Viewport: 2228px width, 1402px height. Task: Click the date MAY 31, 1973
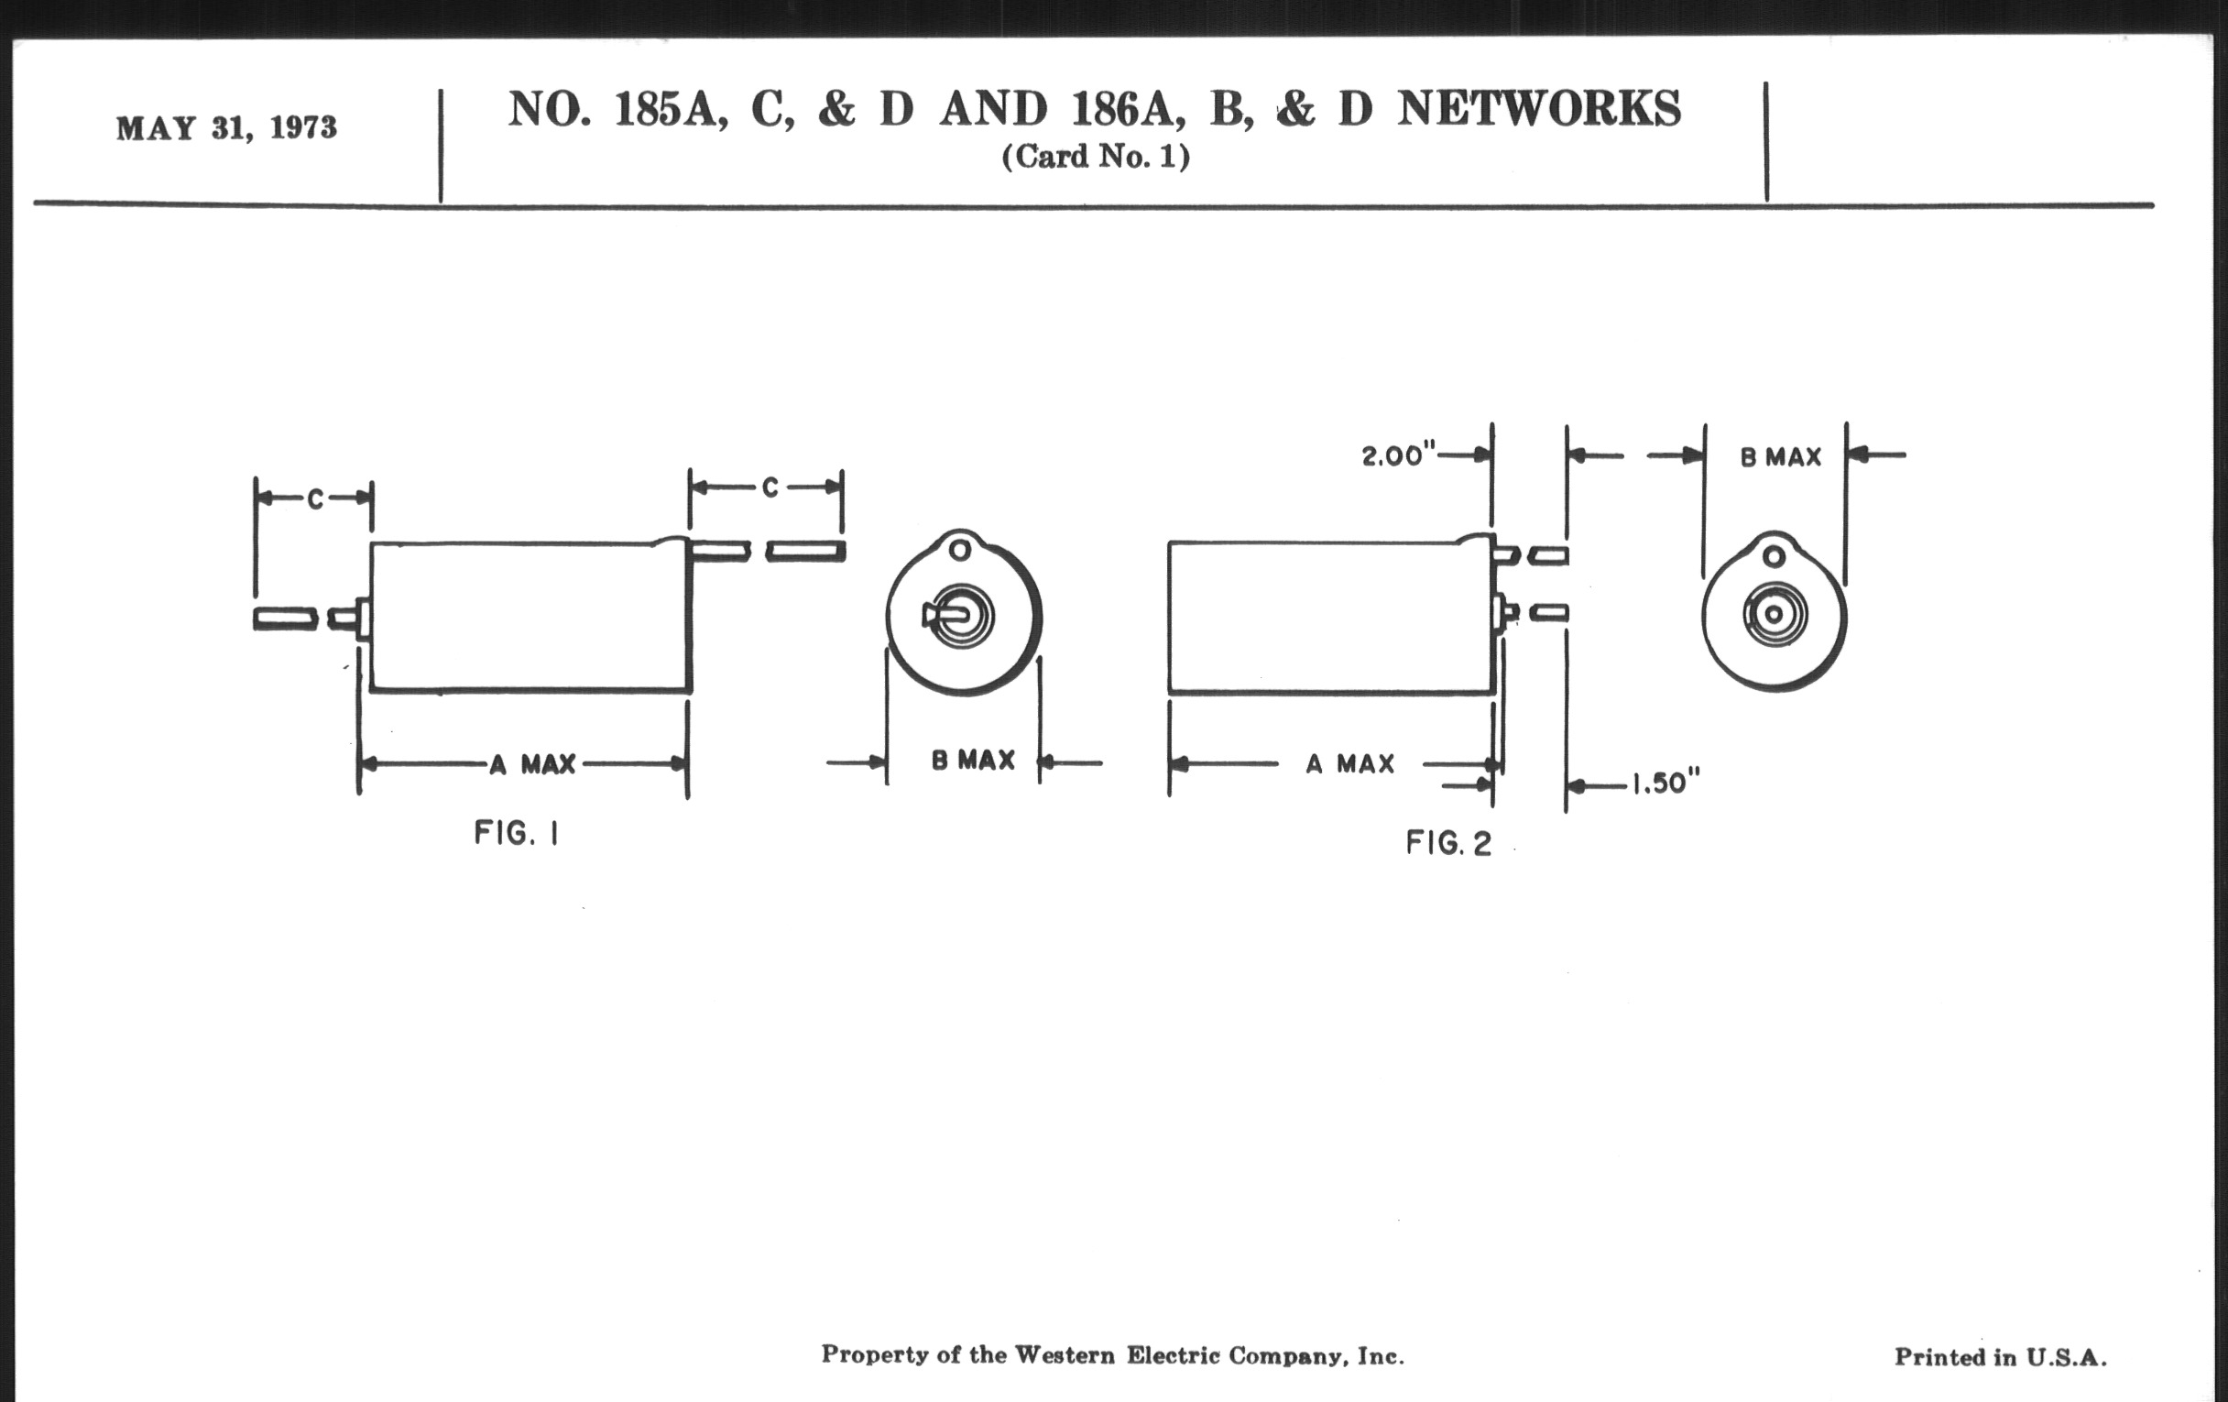(225, 127)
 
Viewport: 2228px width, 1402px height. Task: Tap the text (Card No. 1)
(1096, 158)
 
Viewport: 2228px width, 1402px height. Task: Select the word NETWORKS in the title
(1540, 109)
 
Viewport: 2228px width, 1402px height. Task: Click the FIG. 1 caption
(517, 834)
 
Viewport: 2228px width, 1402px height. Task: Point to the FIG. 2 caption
(1448, 843)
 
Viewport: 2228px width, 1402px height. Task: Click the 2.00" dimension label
(1398, 456)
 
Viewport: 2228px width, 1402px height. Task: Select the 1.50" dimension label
(1665, 784)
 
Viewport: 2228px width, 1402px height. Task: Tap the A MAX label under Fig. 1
(533, 764)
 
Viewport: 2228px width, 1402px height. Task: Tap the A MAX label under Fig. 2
(1350, 764)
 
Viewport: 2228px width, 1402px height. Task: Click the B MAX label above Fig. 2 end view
(1780, 457)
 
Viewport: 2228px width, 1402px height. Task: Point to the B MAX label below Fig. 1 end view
(972, 761)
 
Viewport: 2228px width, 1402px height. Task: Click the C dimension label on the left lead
(315, 499)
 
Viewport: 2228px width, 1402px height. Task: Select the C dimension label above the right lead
(770, 487)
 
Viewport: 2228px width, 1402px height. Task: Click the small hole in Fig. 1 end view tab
(960, 551)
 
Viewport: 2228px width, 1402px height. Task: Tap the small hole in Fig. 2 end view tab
(1774, 556)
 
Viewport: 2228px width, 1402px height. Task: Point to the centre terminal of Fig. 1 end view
(962, 615)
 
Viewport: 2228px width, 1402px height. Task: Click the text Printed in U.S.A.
(2001, 1358)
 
